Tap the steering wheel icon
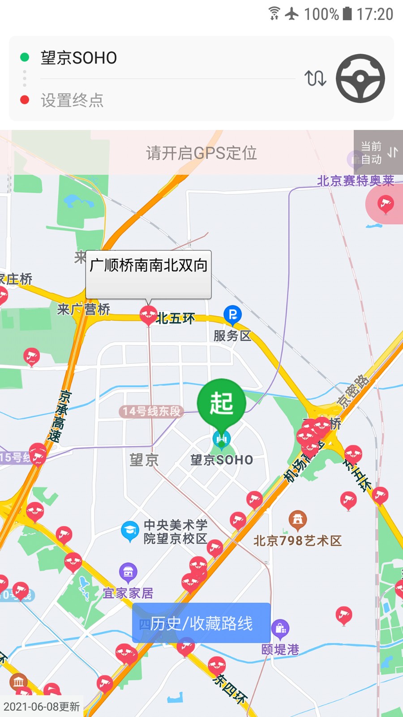coord(360,78)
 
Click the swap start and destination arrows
coord(315,78)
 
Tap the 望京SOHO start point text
coord(79,58)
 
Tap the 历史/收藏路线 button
coord(201,623)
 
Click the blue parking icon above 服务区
coord(232,315)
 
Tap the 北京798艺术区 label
coord(297,541)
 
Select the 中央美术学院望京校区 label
coord(175,531)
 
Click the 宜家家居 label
coord(129,593)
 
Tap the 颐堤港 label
coord(280,649)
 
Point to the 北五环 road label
coord(176,319)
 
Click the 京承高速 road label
coord(59,416)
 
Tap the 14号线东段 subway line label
coord(152,411)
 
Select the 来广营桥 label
coord(84,309)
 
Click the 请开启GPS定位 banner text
coord(201,153)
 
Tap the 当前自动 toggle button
coord(378,152)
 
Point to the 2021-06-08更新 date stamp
coord(42,707)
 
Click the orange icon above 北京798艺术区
coord(297,520)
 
